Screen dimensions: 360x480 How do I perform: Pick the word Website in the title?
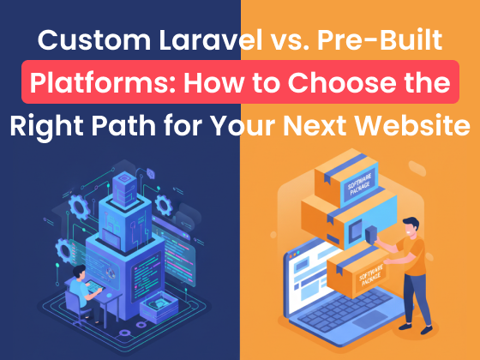(417, 125)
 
